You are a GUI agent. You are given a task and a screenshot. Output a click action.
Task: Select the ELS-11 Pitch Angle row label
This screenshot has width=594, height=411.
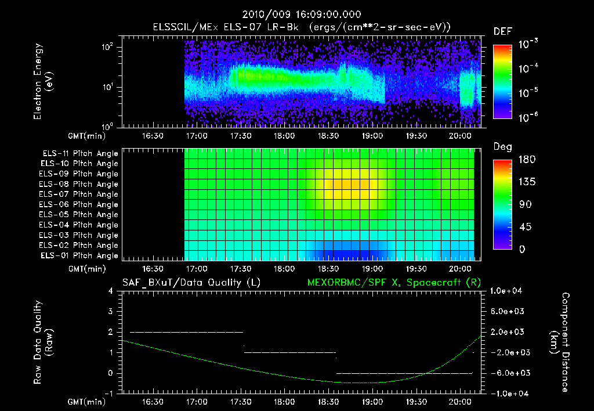(80, 154)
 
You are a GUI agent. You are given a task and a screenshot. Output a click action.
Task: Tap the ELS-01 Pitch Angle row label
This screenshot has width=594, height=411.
(80, 256)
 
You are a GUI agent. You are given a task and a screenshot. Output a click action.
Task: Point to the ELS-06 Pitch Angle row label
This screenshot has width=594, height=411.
(80, 205)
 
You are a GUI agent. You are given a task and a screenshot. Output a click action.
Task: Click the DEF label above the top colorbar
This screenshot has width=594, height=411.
(502, 31)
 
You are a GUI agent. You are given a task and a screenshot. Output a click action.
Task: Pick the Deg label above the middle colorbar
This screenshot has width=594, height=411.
(502, 147)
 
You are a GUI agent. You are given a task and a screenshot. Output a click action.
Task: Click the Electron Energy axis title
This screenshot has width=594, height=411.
(42, 84)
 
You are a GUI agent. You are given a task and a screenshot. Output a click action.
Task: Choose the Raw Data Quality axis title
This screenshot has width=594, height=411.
(42, 342)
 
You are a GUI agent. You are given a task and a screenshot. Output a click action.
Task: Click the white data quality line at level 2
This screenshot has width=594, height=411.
(186, 332)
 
